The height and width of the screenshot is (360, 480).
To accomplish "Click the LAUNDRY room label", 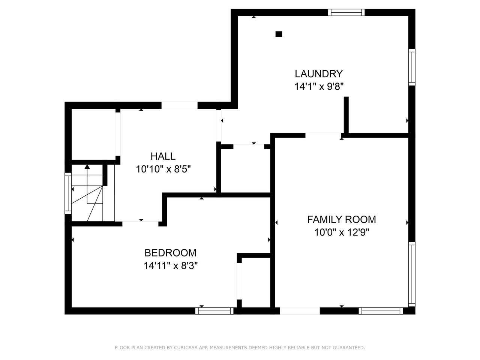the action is [319, 74].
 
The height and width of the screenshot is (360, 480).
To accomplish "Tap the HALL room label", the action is [163, 156].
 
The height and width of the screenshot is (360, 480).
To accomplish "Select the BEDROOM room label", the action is [170, 253].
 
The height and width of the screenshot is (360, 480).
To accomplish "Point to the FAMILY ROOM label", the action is [342, 219].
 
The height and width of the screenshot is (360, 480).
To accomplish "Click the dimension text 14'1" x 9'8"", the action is [319, 87].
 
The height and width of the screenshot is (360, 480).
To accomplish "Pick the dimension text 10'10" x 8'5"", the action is [163, 169].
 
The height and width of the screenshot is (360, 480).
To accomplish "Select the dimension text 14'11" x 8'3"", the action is [171, 266].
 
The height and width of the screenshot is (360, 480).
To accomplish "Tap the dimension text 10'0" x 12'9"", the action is [342, 232].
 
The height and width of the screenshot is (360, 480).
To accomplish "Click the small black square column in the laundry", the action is [279, 34].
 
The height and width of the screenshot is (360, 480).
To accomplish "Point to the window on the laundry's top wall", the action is [346, 12].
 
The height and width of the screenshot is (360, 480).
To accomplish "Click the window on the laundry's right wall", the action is [412, 67].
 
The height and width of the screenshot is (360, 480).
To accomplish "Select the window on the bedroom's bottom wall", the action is [214, 311].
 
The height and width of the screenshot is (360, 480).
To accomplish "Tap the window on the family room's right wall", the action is [412, 274].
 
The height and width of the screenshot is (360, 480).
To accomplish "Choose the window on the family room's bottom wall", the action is [381, 311].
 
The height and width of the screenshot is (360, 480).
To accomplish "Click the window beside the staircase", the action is [68, 193].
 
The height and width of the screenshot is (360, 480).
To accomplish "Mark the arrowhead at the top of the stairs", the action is [87, 167].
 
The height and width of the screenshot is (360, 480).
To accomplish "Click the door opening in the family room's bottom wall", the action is [300, 311].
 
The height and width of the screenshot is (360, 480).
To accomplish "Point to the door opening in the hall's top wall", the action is [180, 105].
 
